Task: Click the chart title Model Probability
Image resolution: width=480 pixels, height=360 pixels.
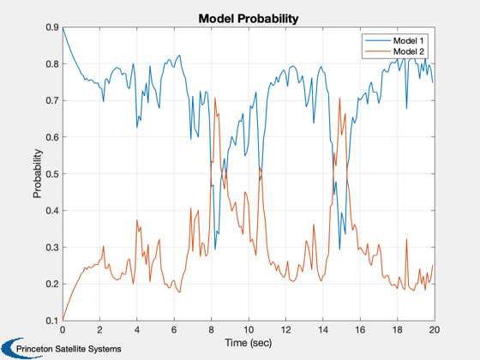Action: (x=249, y=19)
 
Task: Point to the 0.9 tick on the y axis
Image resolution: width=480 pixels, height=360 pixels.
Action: (x=52, y=27)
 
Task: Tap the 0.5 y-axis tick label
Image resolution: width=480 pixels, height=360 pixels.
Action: (x=52, y=174)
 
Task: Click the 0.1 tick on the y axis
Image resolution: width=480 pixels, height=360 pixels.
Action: (x=52, y=321)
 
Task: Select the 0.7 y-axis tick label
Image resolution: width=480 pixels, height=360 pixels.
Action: (x=52, y=101)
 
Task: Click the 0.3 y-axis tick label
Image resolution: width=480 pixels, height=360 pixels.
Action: (x=52, y=248)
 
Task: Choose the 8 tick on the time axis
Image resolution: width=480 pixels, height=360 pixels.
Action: (x=211, y=330)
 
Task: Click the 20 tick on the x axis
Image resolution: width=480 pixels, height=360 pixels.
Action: (x=434, y=330)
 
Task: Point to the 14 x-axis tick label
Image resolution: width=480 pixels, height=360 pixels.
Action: (x=322, y=330)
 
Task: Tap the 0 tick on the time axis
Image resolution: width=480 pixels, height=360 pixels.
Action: (x=63, y=330)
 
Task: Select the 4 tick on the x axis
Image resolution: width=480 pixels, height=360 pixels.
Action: (x=137, y=330)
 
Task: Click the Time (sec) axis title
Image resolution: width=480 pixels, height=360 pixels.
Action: (x=249, y=343)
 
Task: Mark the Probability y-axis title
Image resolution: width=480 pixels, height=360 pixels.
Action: (x=38, y=173)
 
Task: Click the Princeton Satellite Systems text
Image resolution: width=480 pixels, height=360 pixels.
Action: (x=69, y=349)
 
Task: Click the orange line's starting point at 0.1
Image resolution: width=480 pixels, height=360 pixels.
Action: (x=63, y=321)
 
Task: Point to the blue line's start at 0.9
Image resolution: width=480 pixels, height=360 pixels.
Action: (x=63, y=27)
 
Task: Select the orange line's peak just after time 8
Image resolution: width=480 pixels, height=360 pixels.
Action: (x=215, y=98)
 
